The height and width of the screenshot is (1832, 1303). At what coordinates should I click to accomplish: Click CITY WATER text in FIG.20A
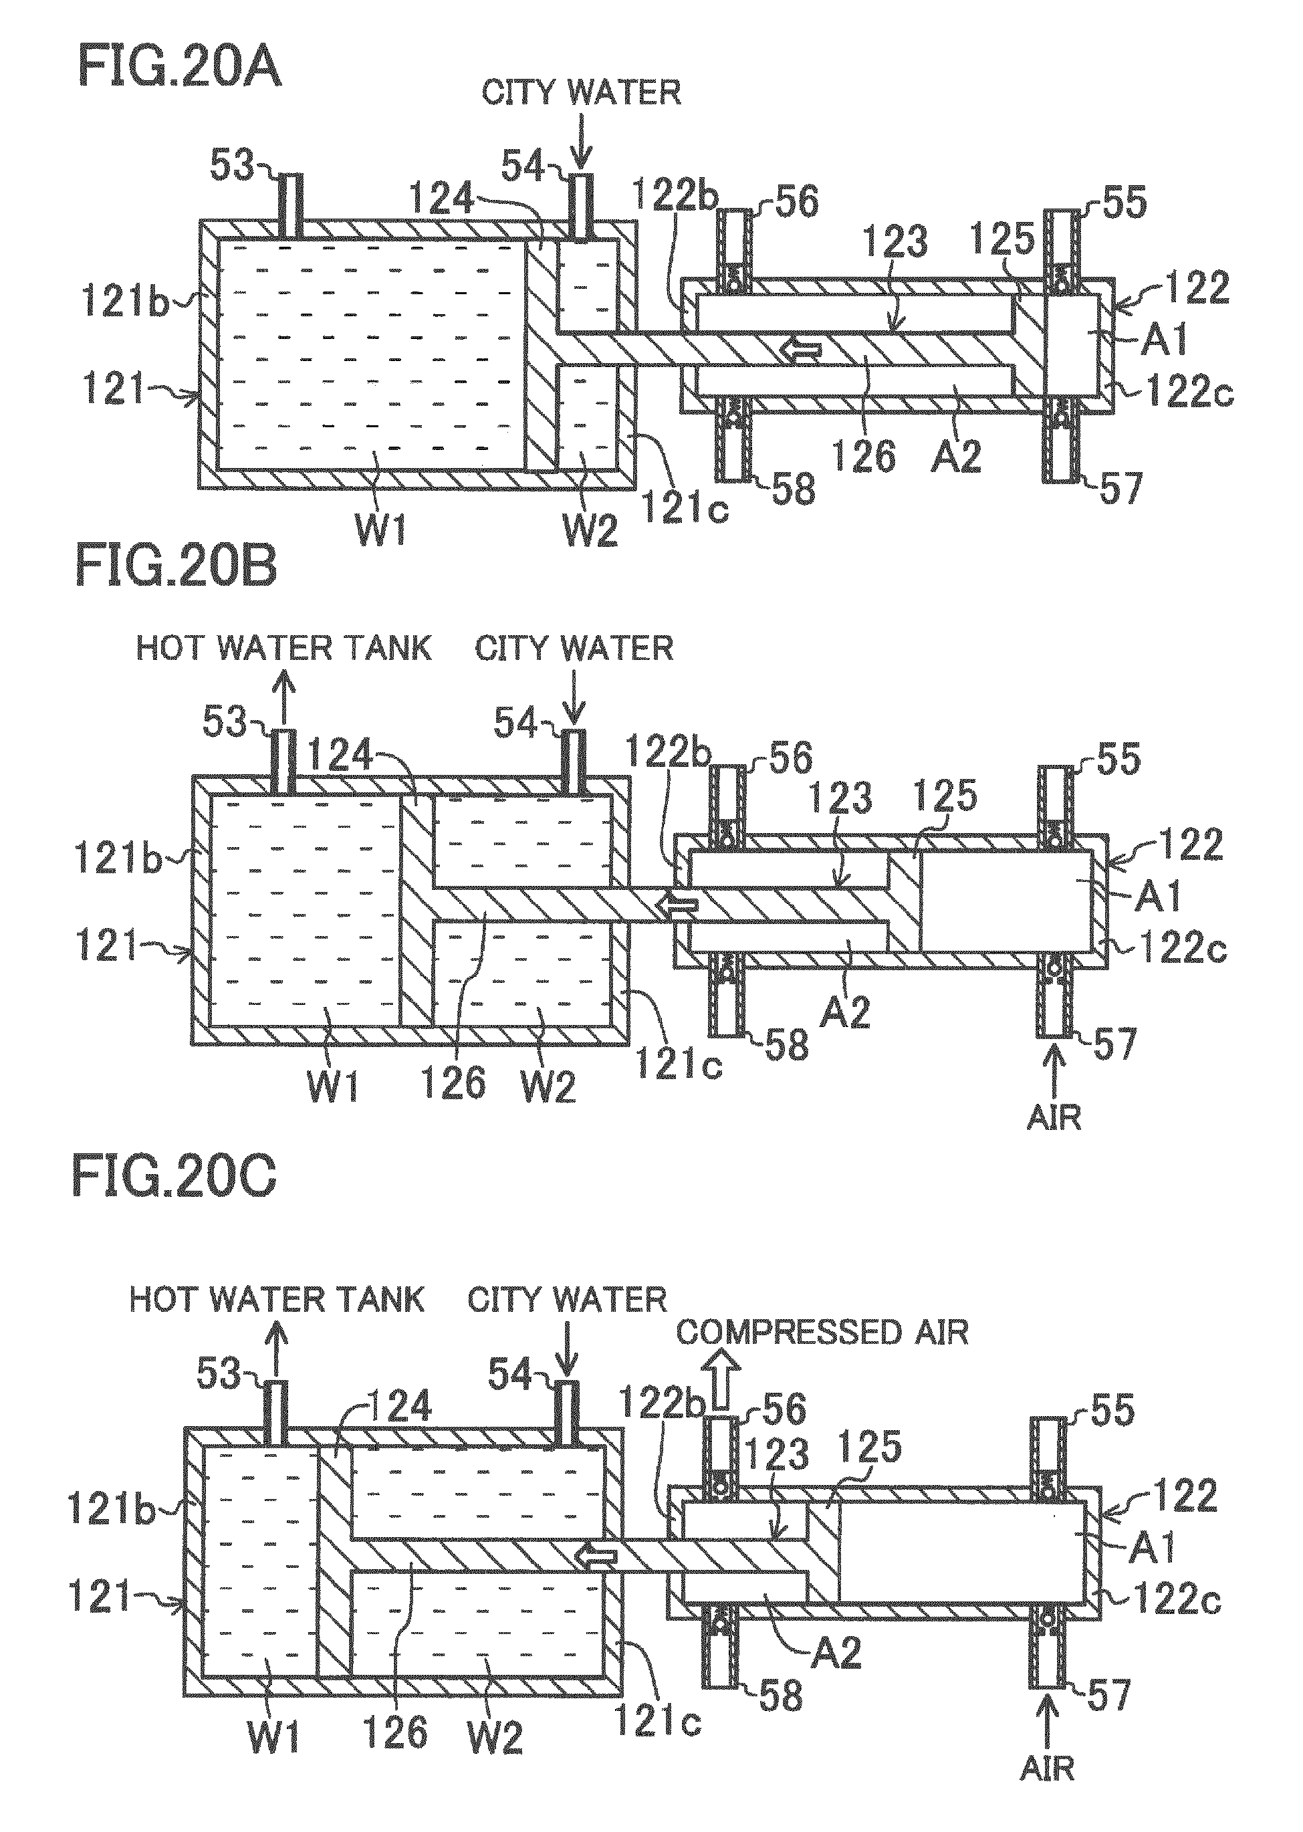[582, 92]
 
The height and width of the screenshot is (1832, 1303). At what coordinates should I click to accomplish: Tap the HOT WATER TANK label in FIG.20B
[284, 648]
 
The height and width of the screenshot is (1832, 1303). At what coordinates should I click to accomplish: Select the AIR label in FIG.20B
[1054, 1117]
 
